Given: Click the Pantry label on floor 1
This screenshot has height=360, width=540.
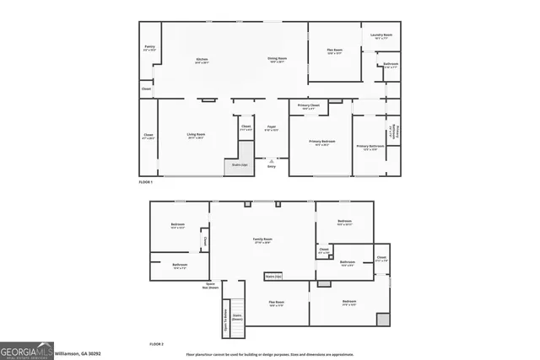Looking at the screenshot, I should pyautogui.click(x=149, y=48).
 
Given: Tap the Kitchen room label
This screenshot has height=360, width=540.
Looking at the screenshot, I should pyautogui.click(x=202, y=60).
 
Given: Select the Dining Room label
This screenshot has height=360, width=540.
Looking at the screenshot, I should pyautogui.click(x=277, y=60).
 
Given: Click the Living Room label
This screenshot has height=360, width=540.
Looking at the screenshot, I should pyautogui.click(x=196, y=136).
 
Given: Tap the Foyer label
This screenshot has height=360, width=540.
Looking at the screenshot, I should pyautogui.click(x=272, y=128).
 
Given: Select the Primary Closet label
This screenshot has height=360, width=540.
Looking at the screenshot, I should pyautogui.click(x=308, y=107).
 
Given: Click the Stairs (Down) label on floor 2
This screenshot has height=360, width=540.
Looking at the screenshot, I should pyautogui.click(x=237, y=317).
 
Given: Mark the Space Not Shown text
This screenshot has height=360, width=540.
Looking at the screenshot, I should pyautogui.click(x=209, y=286).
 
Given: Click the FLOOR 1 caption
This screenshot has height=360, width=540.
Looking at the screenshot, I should pyautogui.click(x=147, y=182).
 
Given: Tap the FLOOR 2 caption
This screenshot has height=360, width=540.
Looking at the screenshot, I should pyautogui.click(x=156, y=344).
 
